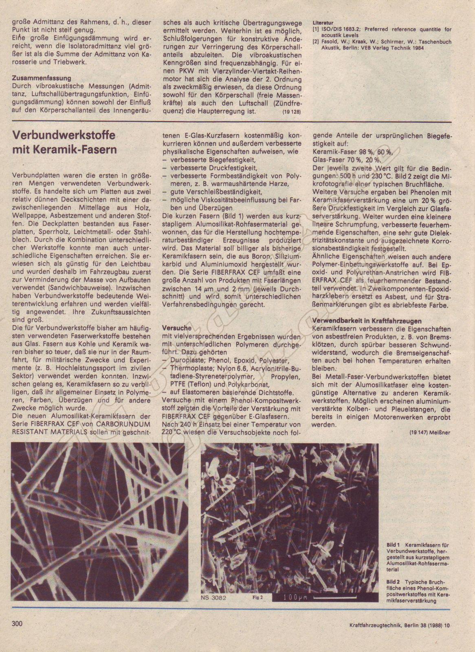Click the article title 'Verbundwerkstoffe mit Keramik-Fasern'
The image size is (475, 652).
click(x=64, y=142)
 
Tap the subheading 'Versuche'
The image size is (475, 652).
click(x=176, y=327)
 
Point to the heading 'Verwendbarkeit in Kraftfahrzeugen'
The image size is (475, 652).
click(x=367, y=321)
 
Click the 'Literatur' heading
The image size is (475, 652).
click(x=323, y=23)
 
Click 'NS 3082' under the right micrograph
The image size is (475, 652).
click(x=213, y=598)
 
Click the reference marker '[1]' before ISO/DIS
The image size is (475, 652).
click(x=315, y=29)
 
